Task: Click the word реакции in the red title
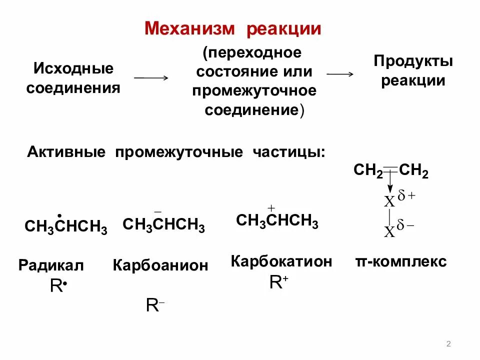point(282,28)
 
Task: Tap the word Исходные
point(73,68)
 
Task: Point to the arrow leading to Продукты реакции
point(340,73)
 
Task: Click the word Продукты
point(413,61)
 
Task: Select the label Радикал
point(51,265)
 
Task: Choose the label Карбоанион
point(160,265)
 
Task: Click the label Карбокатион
point(281,261)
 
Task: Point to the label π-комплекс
point(400,261)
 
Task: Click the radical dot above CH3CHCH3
point(60,216)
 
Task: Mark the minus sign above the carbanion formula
point(157,211)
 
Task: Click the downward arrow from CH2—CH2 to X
point(390,183)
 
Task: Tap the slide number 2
point(448,343)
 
